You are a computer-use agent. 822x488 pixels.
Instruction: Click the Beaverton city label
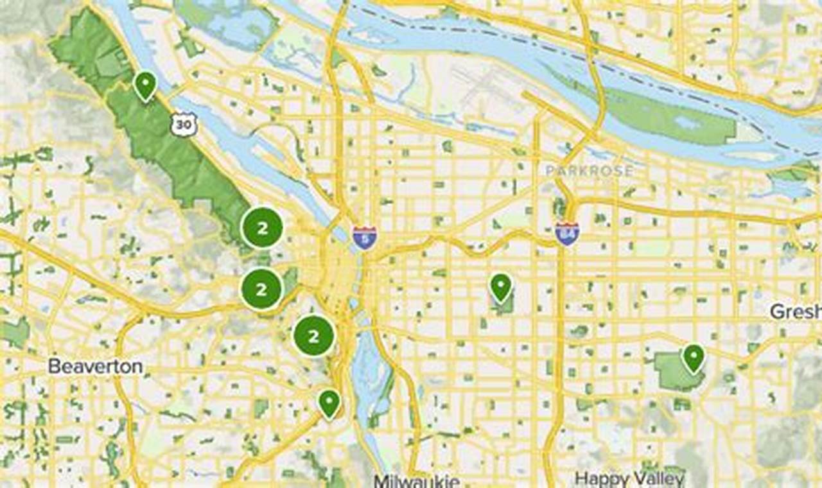pyautogui.click(x=95, y=367)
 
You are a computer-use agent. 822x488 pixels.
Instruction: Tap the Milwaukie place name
pyautogui.click(x=416, y=481)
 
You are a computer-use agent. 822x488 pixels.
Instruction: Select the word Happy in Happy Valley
pyautogui.click(x=600, y=478)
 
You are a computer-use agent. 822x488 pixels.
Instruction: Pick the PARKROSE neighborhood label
pyautogui.click(x=589, y=171)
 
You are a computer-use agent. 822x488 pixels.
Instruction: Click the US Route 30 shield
pyautogui.click(x=182, y=125)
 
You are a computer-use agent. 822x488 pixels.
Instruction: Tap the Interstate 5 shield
pyautogui.click(x=364, y=238)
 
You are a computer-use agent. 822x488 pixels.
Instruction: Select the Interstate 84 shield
pyautogui.click(x=567, y=234)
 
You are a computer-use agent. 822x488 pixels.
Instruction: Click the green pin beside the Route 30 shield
pyautogui.click(x=145, y=85)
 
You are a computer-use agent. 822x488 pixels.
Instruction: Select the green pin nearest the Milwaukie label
pyautogui.click(x=329, y=403)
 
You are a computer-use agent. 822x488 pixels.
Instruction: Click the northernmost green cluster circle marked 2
pyautogui.click(x=262, y=227)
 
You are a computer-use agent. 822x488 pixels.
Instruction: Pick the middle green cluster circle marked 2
pyautogui.click(x=261, y=290)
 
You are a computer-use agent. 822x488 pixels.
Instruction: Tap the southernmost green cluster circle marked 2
pyautogui.click(x=314, y=336)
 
